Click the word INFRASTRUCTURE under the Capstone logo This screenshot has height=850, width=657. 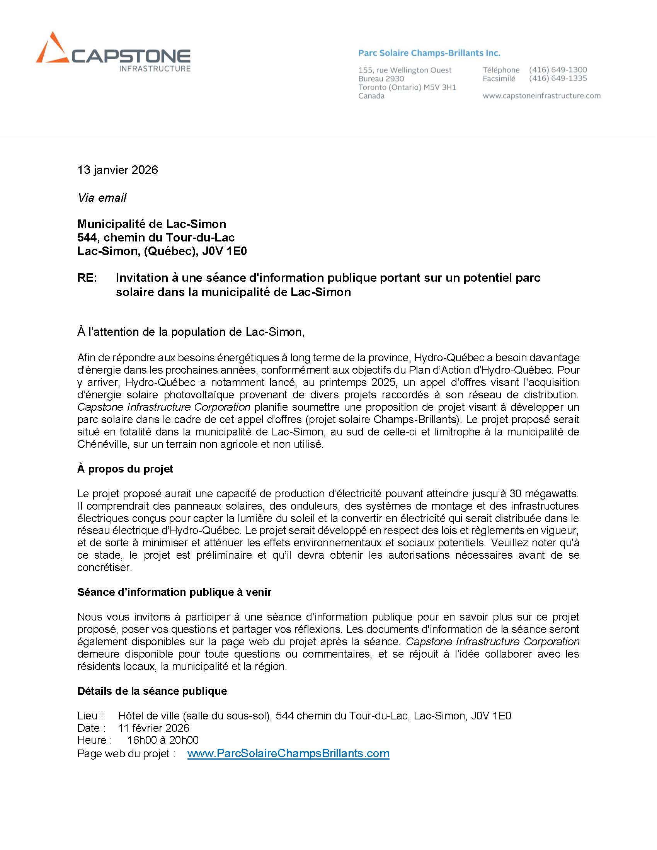155,69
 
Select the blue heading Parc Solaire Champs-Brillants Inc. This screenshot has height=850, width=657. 429,53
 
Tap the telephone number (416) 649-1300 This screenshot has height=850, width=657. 558,70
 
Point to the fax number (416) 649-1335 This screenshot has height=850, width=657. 558,78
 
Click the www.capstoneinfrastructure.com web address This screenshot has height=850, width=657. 541,96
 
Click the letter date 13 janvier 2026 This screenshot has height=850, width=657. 117,170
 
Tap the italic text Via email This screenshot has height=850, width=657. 102,198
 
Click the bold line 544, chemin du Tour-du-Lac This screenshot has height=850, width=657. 156,237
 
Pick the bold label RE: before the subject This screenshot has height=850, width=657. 87,278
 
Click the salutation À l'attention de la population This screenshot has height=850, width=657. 191,332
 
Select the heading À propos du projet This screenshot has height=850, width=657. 125,469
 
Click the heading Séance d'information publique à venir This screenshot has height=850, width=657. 174,592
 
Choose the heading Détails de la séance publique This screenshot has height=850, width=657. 152,691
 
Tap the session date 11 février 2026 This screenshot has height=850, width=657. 153,728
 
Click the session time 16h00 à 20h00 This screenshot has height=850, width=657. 163,740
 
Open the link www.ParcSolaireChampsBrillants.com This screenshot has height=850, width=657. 288,753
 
